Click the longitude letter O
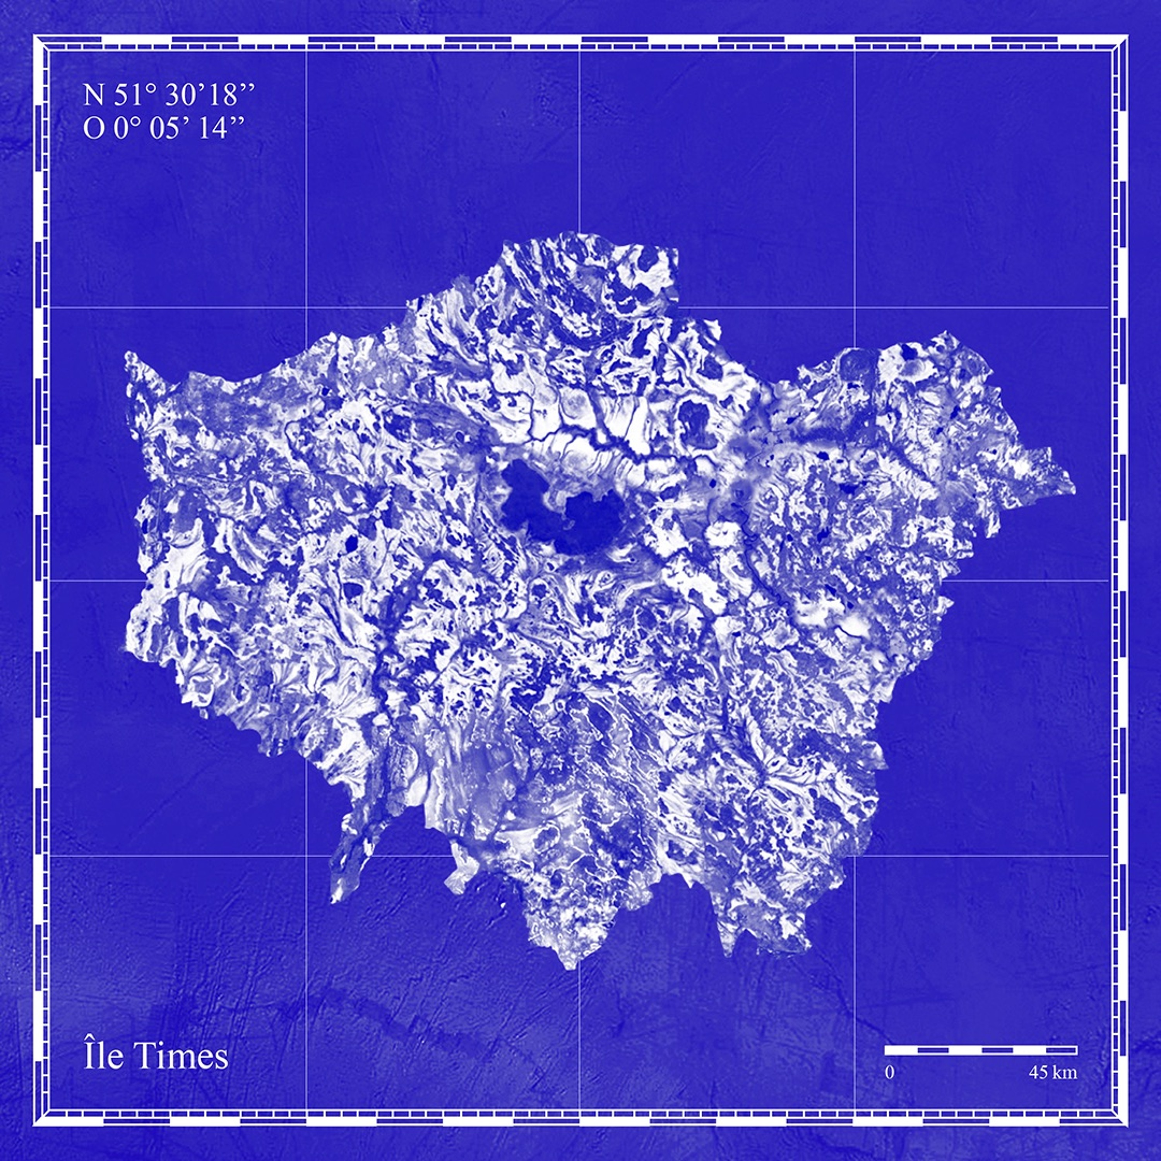(94, 128)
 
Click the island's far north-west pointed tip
(127, 354)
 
